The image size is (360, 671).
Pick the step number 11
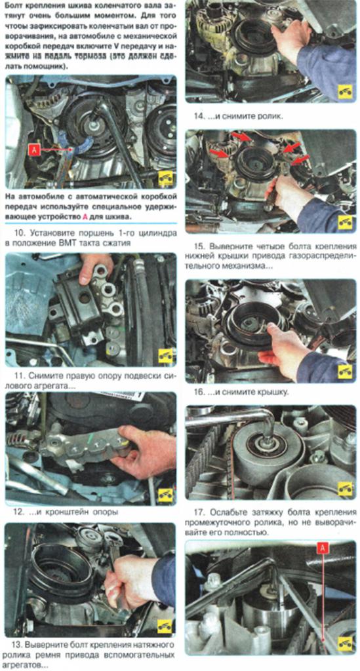(x=19, y=376)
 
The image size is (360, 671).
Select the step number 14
(x=199, y=116)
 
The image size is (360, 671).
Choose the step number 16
(x=199, y=392)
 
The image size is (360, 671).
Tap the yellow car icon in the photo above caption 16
(x=345, y=371)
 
